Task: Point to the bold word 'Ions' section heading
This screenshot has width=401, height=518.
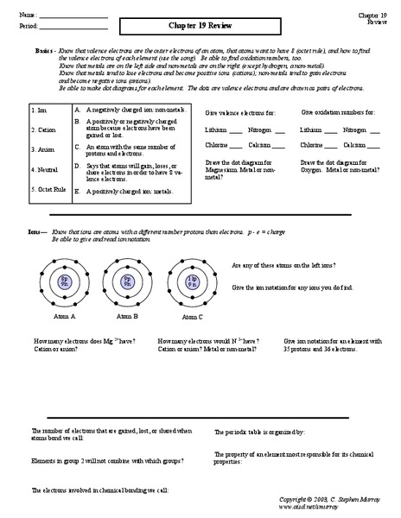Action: tap(35, 232)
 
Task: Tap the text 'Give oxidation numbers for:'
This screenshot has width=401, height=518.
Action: tap(338, 112)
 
